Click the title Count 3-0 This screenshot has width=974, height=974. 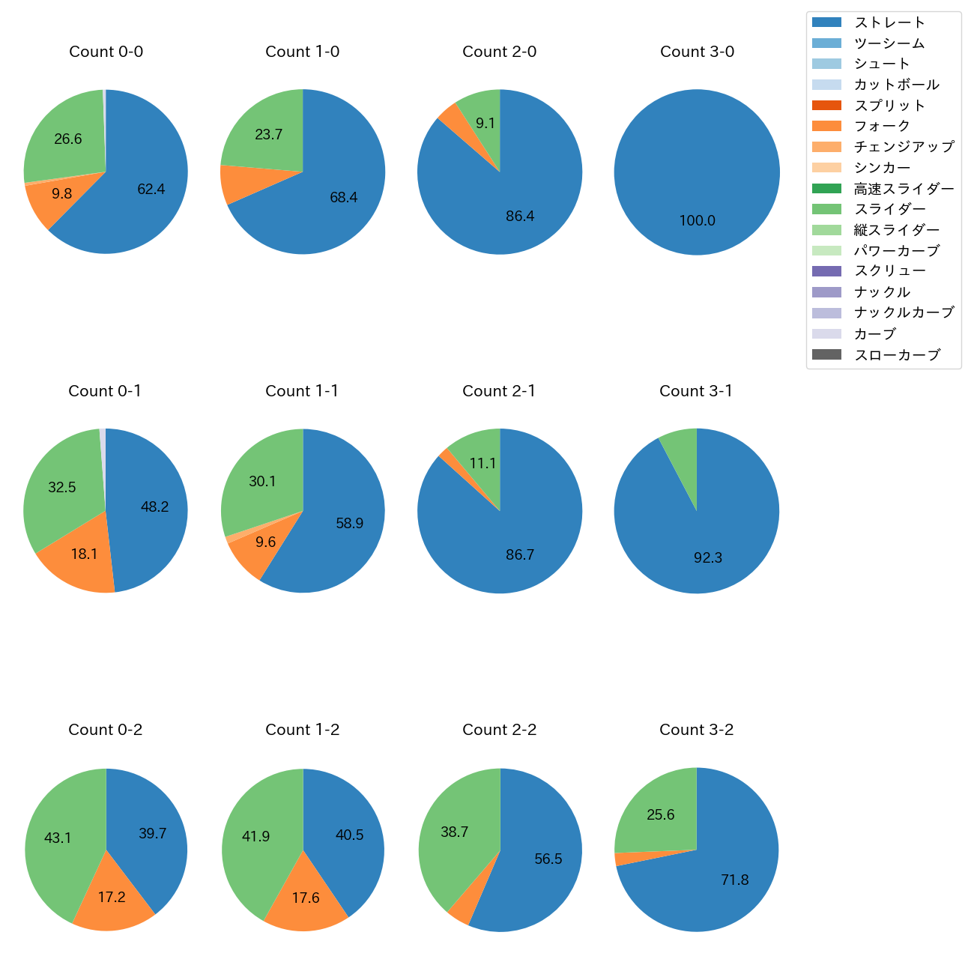[x=697, y=52]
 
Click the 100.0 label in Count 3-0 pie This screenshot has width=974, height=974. [x=697, y=221]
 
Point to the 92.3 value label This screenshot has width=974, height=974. [x=707, y=558]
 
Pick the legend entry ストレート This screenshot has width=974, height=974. [x=889, y=22]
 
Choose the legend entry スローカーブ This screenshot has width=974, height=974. [x=897, y=355]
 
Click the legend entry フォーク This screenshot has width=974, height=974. [x=882, y=126]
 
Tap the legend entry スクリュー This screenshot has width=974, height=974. [x=889, y=271]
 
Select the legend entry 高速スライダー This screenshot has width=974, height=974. [x=904, y=189]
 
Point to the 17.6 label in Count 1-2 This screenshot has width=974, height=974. [x=306, y=898]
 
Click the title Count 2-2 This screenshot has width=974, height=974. [x=500, y=730]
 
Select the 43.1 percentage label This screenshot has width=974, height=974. [x=58, y=838]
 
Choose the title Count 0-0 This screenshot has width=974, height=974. [x=106, y=52]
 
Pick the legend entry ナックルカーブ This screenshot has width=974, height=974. [x=904, y=313]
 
